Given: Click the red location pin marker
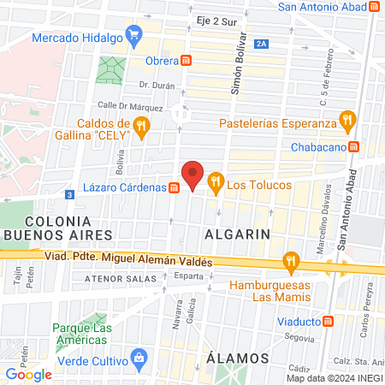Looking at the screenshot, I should pos(194,175).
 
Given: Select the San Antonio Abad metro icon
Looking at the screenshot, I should pos(375,7).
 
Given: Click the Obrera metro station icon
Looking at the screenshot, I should pos(187,60).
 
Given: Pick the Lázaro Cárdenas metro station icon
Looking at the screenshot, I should pos(174,187).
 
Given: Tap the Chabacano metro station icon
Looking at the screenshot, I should pos(376,145).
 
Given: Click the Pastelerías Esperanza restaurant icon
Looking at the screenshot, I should pos(346,120).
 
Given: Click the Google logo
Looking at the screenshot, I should pos(28,374).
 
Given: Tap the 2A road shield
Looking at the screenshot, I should pos(261,44).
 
